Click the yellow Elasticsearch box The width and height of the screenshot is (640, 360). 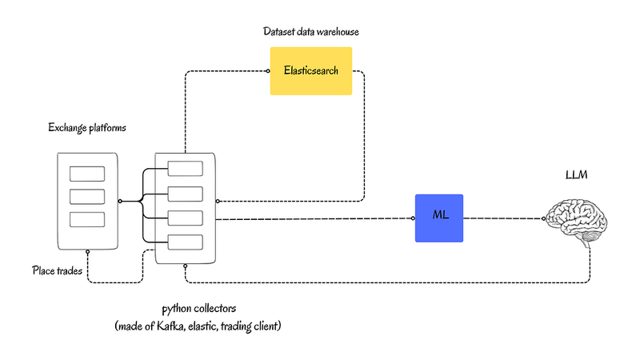(310, 71)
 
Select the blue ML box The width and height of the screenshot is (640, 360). (438, 218)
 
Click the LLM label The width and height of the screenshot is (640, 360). (577, 175)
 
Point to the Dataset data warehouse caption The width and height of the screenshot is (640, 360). (311, 32)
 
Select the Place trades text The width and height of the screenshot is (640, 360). (57, 270)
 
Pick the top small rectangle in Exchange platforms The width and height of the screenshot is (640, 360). (87, 174)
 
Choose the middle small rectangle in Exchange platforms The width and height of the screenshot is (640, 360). (87, 197)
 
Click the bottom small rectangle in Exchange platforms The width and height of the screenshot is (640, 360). (87, 219)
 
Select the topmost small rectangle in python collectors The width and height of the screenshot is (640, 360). (185, 168)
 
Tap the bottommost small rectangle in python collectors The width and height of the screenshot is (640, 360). (185, 242)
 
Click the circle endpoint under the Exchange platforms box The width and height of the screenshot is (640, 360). (87, 252)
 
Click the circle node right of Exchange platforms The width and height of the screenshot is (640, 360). (120, 202)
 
